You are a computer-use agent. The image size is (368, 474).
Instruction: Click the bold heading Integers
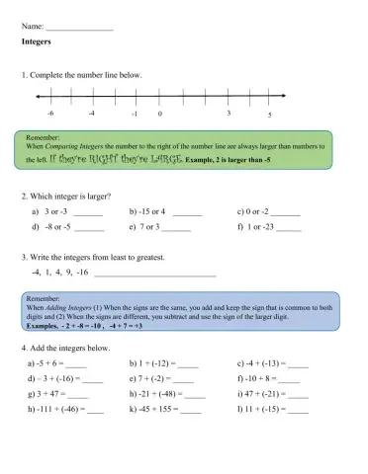point(36,44)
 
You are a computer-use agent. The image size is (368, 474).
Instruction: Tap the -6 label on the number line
point(50,115)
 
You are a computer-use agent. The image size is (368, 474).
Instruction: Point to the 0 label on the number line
point(159,115)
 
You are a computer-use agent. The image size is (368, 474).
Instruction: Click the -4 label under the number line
point(91,115)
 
